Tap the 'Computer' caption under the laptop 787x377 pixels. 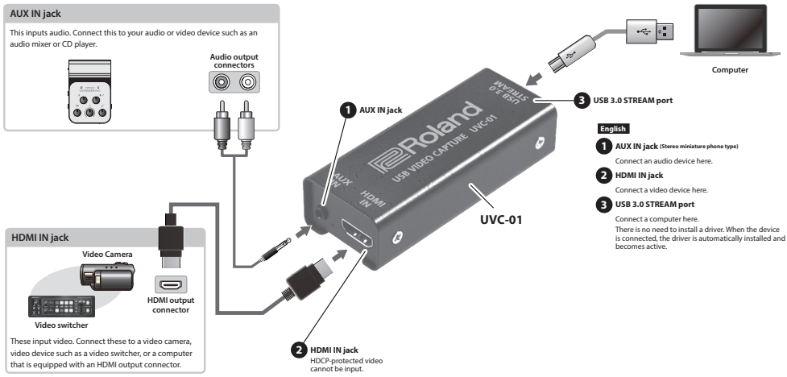coord(730,70)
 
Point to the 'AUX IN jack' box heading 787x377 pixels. coord(35,12)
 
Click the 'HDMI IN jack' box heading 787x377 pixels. coord(38,238)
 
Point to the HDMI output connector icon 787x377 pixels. coord(170,285)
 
